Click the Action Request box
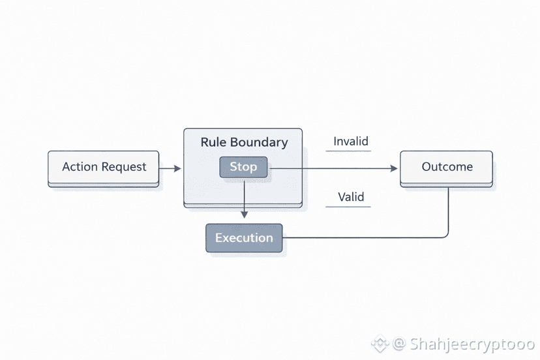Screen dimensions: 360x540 [x=104, y=167]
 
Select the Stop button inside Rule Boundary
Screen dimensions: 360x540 [x=243, y=167]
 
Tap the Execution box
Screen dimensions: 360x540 [x=244, y=237]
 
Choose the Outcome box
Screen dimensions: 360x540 [x=447, y=167]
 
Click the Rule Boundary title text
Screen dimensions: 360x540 [x=243, y=142]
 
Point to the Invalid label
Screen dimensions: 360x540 [x=351, y=142]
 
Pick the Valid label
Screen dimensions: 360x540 [x=351, y=197]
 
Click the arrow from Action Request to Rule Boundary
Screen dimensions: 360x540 [x=170, y=168]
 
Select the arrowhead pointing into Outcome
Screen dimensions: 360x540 [x=394, y=168]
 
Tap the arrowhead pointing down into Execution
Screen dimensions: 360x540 [x=244, y=214]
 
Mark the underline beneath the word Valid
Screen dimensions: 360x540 [x=348, y=207]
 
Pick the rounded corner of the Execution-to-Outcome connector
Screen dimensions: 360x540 [x=445, y=234]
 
